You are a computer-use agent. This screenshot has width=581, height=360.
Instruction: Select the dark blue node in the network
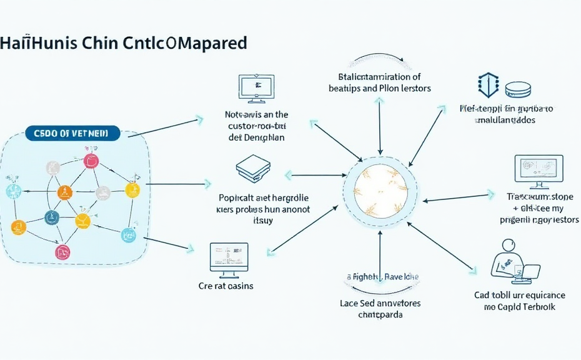[x=51, y=217]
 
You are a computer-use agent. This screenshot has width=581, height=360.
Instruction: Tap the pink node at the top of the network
[x=92, y=160]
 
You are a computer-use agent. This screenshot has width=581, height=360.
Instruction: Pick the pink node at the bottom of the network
[x=62, y=252]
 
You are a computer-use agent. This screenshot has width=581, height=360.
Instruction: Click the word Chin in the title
[x=101, y=44]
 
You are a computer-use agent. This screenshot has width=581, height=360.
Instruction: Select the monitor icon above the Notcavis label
[x=255, y=87]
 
